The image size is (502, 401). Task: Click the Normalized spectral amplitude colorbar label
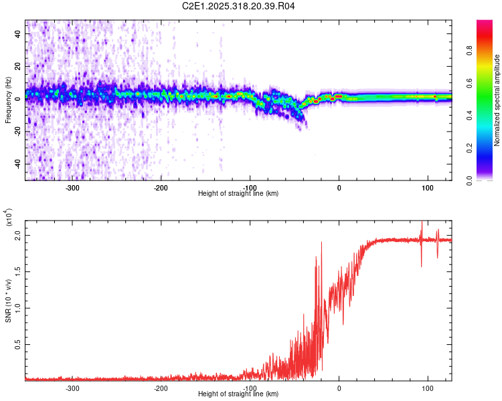point(497,100)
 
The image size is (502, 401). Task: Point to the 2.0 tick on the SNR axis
point(18,236)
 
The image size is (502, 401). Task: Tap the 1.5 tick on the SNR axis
point(18,272)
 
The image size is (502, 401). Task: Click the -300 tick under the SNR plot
point(73,388)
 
